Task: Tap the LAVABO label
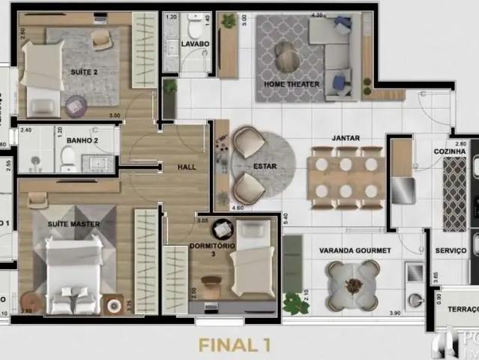[x=195, y=44]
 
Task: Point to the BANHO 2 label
[x=82, y=140]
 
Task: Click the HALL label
[x=187, y=166]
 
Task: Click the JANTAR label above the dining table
[x=346, y=138]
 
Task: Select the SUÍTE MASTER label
[x=73, y=223]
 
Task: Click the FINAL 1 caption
[x=234, y=345]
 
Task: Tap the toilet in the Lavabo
[x=196, y=29]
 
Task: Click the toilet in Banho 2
[x=68, y=157]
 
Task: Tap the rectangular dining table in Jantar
[x=346, y=177]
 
